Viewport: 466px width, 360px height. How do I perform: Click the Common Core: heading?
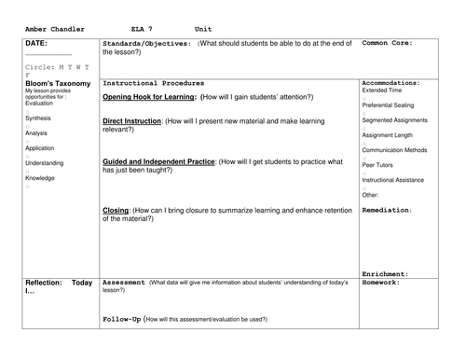tap(388, 43)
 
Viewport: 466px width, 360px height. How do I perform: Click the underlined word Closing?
tap(116, 211)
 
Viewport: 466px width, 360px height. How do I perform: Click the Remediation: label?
tap(386, 210)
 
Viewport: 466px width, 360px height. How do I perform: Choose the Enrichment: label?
tap(383, 273)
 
